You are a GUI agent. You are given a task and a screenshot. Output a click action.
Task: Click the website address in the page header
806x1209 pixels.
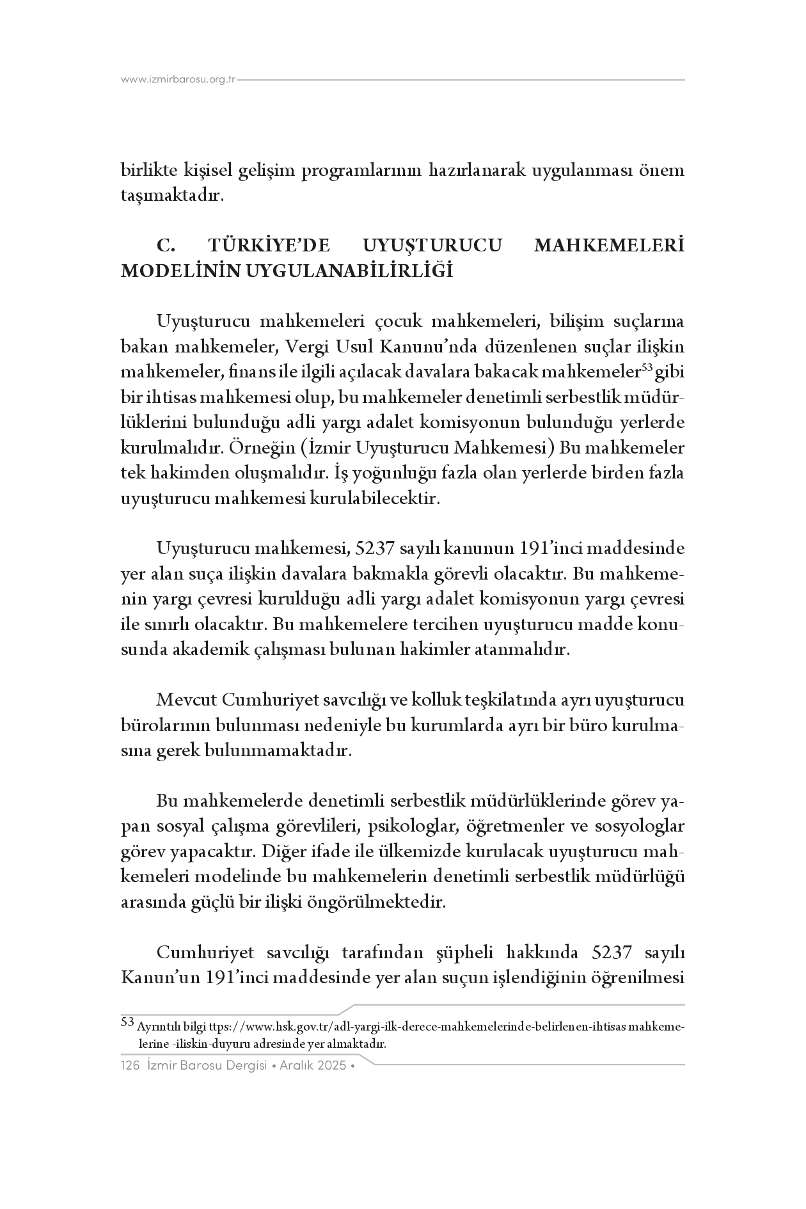click(178, 80)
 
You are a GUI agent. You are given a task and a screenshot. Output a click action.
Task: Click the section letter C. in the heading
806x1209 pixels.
click(166, 246)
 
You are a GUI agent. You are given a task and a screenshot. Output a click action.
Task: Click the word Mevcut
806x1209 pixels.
click(186, 700)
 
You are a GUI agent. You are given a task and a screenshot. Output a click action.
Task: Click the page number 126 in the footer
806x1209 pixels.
click(130, 1066)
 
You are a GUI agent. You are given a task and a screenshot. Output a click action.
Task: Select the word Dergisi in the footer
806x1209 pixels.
click(242, 1066)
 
